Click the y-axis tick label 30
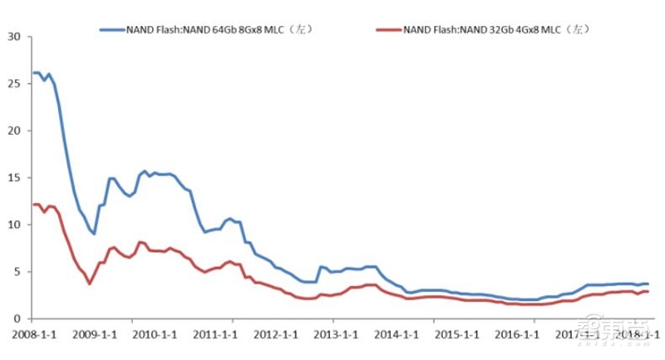pos(14,36)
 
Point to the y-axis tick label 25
pos(14,83)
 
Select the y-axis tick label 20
pos(14,131)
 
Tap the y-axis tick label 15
pos(14,177)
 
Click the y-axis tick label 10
pos(14,224)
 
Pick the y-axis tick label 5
pos(17,271)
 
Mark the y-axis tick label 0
pos(17,318)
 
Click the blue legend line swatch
pos(111,31)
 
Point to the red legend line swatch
pos(388,31)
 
